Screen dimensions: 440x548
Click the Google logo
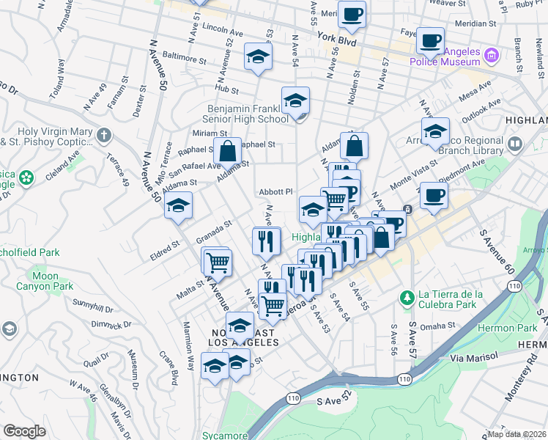click(x=24, y=430)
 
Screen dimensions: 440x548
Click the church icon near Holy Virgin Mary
click(x=104, y=135)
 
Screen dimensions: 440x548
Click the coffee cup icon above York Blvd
click(x=352, y=14)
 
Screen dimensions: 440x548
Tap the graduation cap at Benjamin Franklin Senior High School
click(x=295, y=100)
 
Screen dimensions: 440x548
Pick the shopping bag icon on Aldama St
click(x=228, y=152)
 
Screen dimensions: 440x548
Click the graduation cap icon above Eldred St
click(x=177, y=206)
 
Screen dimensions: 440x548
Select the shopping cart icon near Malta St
click(x=217, y=261)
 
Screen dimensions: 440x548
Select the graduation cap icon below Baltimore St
click(x=258, y=56)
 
